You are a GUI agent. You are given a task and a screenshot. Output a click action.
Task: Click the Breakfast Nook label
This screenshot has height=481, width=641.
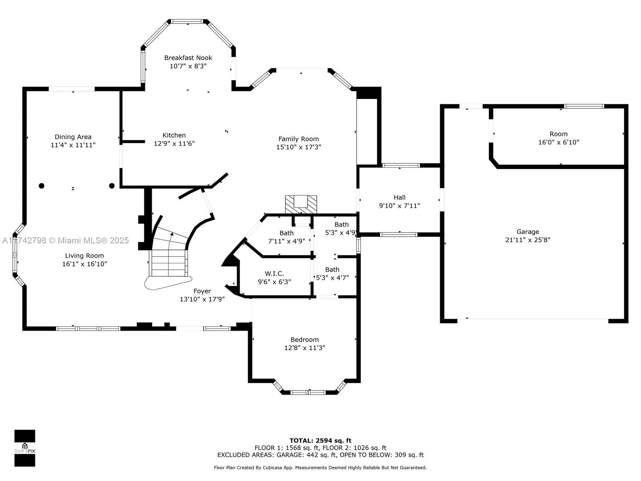coord(188,58)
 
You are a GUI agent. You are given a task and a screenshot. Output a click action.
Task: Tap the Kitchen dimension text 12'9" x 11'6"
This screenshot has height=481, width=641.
coord(174,143)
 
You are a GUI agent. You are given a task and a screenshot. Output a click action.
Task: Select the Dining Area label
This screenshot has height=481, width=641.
coord(73,137)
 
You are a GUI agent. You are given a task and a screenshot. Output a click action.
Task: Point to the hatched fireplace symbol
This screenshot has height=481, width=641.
coord(301,204)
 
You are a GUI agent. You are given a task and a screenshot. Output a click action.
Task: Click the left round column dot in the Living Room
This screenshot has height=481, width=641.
coord(42,186)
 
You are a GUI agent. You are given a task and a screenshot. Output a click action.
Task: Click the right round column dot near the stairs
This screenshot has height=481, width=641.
coord(111,186)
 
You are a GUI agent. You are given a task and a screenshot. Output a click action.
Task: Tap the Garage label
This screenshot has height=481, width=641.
coord(528,232)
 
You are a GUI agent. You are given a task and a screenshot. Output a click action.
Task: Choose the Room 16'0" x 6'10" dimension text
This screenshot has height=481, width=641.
coord(558,142)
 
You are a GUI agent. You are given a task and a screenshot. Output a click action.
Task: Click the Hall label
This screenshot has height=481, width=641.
coord(399,198)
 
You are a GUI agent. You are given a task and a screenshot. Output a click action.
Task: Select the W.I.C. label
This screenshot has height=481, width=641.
coord(274,274)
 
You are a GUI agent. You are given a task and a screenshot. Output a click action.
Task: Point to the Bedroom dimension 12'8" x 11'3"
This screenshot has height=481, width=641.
coord(304,348)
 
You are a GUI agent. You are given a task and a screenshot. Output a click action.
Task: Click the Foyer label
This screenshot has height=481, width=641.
coord(202,291)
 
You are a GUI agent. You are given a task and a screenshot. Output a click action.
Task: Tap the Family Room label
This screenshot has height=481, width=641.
coord(298,139)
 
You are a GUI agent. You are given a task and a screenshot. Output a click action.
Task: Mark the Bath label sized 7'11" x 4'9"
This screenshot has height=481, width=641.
coord(286,233)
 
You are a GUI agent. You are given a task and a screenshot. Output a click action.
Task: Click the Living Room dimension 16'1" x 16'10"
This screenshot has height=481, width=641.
coord(85,264)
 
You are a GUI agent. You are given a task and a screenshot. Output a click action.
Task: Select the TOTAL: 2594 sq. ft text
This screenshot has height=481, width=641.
coord(320,441)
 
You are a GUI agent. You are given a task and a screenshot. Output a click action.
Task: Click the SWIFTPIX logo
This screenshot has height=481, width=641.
coord(25,448)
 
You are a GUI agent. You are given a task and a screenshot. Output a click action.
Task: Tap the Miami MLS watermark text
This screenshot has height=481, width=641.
coord(65,240)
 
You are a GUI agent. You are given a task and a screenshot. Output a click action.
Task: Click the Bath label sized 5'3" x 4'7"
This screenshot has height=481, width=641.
coord(333,269)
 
